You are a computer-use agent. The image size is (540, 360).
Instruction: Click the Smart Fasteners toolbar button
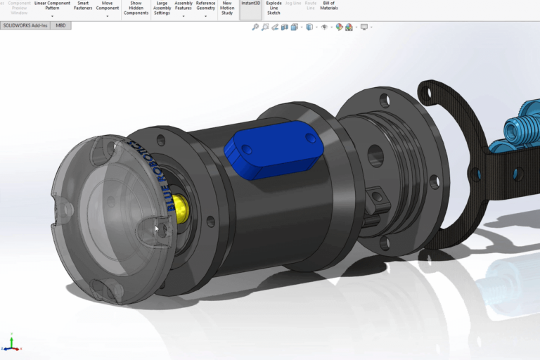84,6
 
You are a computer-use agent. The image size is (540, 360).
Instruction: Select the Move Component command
107,6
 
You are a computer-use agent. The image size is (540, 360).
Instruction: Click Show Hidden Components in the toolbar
136,8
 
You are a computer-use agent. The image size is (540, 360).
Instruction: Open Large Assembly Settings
162,8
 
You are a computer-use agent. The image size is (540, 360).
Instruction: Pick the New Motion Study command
227,8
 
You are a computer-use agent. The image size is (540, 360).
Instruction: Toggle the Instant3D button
250,4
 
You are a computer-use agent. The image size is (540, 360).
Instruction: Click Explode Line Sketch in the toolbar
274,8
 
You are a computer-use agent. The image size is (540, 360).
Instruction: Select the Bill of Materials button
329,6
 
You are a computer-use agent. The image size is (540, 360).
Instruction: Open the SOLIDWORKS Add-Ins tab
25,25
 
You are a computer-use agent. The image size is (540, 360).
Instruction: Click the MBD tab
60,25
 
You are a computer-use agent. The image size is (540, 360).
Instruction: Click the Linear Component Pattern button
52,6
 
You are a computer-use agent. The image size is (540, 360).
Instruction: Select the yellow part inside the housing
181,205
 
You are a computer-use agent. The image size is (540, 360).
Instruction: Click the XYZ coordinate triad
11,345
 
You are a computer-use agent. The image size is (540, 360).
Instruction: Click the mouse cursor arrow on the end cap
157,229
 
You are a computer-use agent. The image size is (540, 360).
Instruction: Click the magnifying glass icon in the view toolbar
255,27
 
